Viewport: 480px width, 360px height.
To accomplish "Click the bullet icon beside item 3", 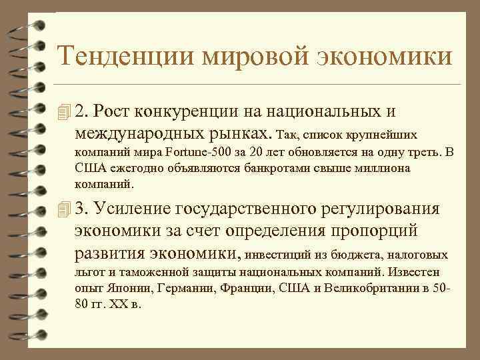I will (64, 209).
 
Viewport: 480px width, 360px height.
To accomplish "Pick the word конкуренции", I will (203, 109).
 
